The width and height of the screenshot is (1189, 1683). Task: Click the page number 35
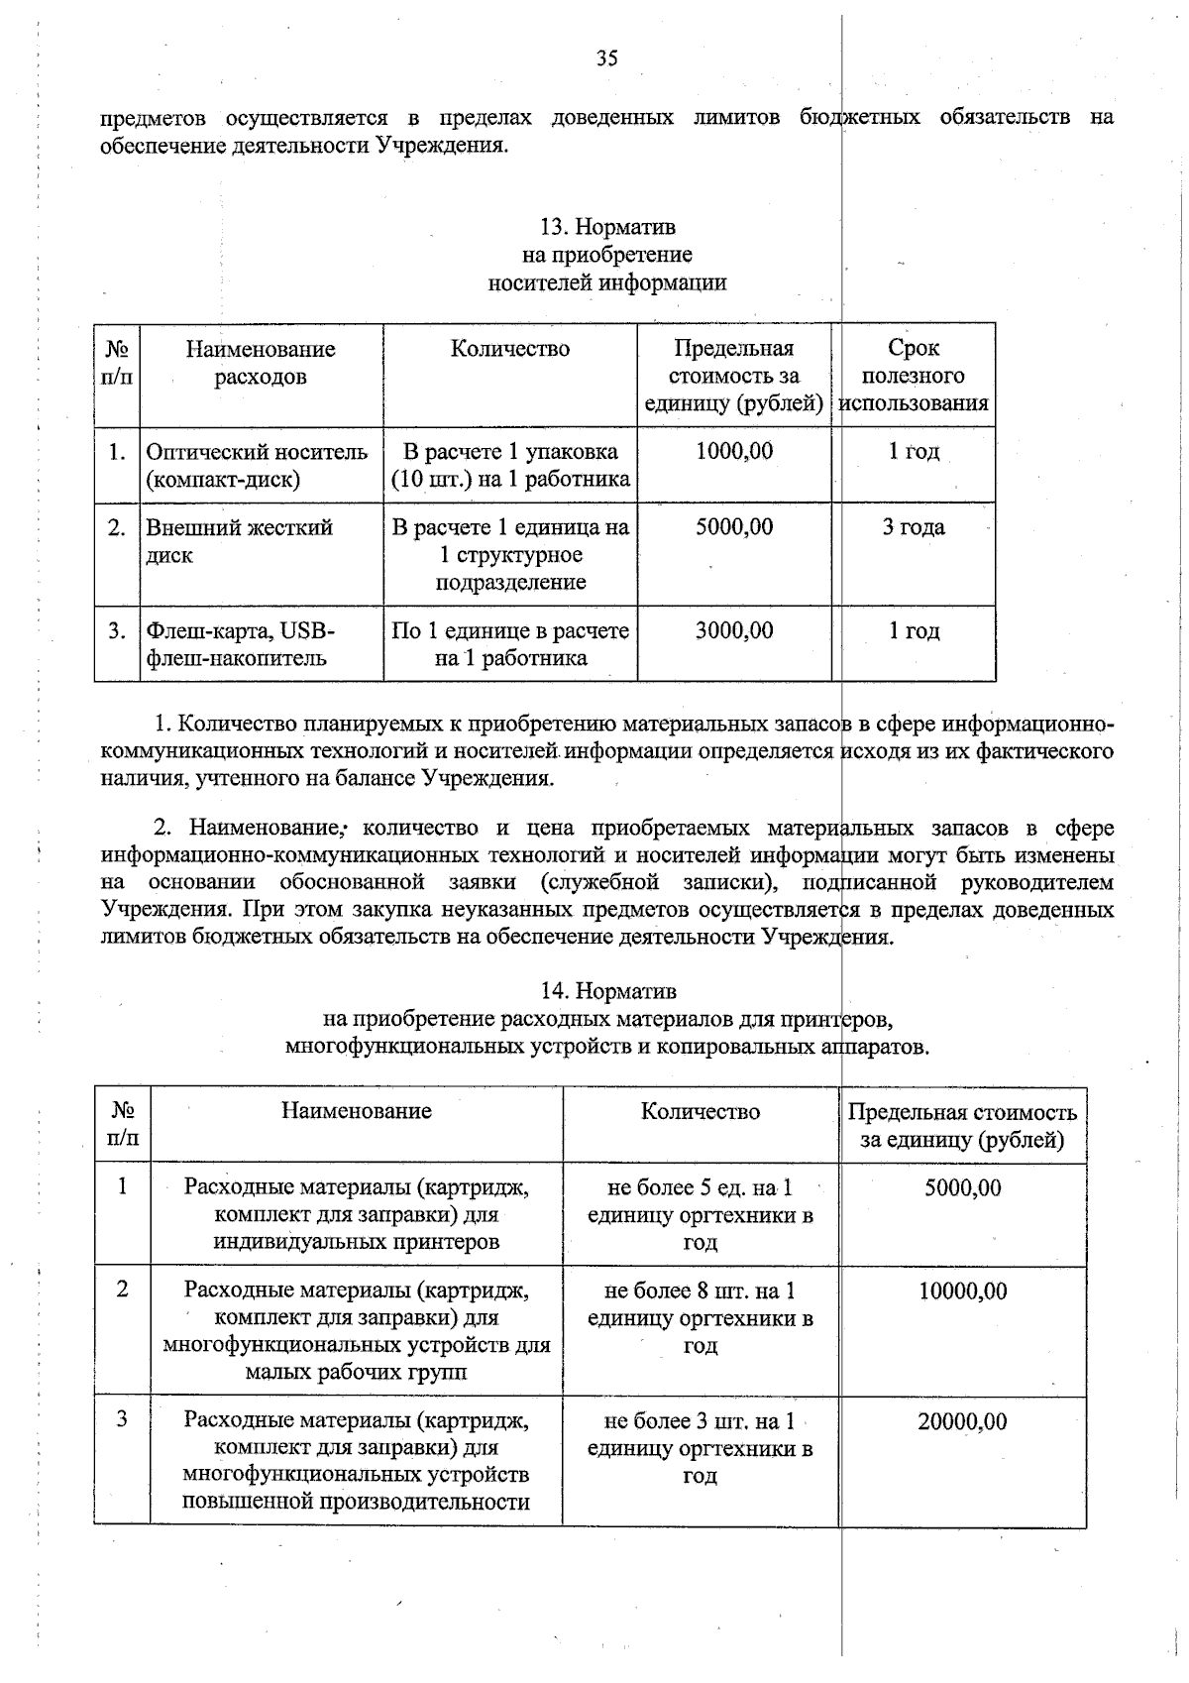click(x=606, y=58)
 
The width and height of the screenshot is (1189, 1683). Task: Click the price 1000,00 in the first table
click(x=733, y=452)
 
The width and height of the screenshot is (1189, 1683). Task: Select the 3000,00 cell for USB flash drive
click(x=733, y=630)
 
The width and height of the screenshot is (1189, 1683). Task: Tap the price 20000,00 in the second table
click(x=961, y=1421)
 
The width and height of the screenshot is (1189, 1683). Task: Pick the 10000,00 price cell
click(x=961, y=1290)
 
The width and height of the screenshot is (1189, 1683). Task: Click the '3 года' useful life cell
click(x=913, y=527)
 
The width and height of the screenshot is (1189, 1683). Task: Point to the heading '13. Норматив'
click(x=606, y=227)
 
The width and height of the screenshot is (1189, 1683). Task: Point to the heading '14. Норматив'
click(x=606, y=990)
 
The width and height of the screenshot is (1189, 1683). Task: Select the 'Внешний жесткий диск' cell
click(x=240, y=541)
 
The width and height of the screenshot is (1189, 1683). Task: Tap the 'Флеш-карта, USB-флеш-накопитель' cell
click(x=241, y=644)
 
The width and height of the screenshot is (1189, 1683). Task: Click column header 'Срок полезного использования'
click(x=913, y=376)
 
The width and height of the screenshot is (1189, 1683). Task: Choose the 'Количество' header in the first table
click(x=509, y=349)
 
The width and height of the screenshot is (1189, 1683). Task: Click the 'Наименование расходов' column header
click(x=260, y=363)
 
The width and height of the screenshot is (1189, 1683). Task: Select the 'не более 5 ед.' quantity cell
click(x=700, y=1214)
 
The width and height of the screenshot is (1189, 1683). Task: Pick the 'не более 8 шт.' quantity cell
click(x=700, y=1317)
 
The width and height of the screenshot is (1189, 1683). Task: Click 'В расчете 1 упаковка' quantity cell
click(x=509, y=465)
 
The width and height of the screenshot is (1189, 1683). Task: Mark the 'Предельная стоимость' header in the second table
click(x=962, y=1125)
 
